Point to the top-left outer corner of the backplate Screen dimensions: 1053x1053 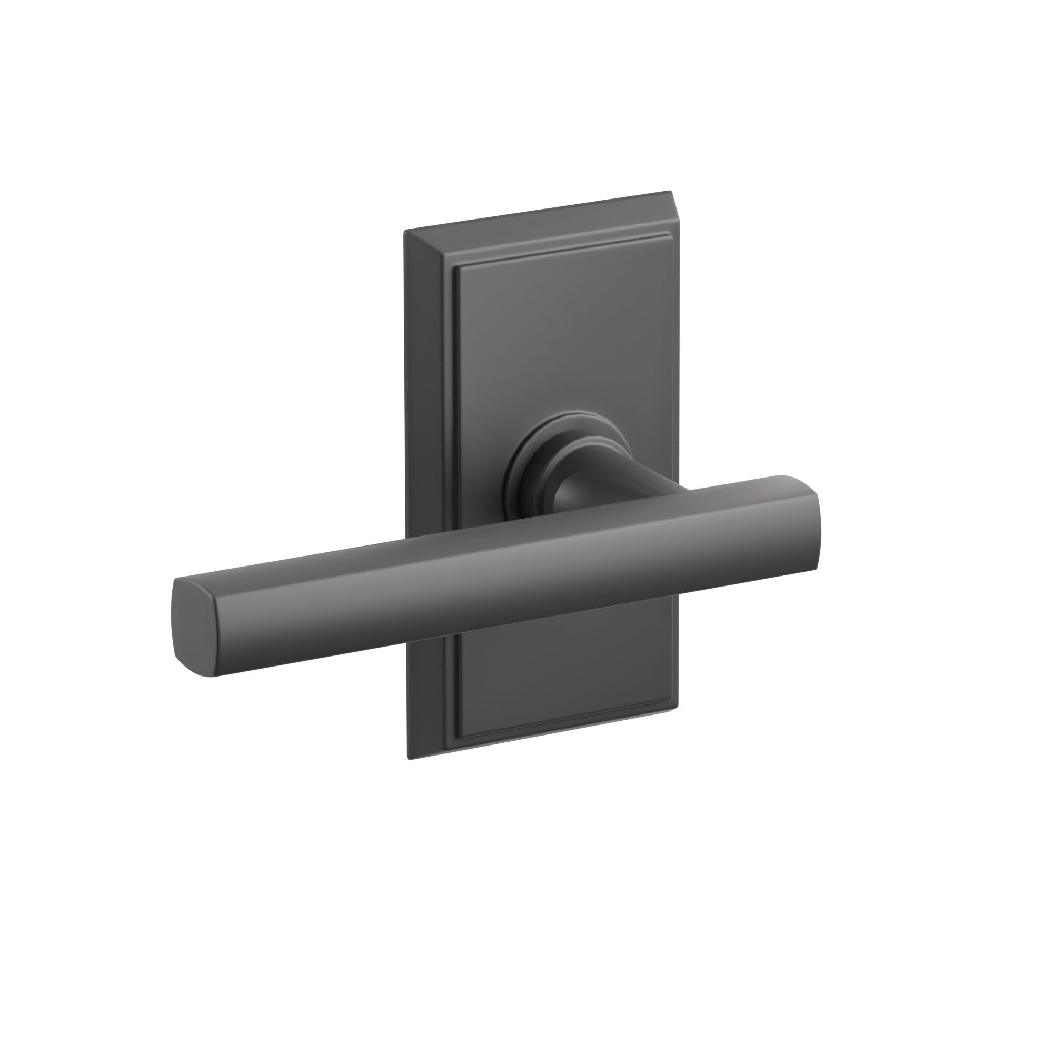(405, 232)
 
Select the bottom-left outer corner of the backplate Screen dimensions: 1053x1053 (408, 759)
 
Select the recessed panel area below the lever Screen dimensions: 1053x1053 (561, 670)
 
